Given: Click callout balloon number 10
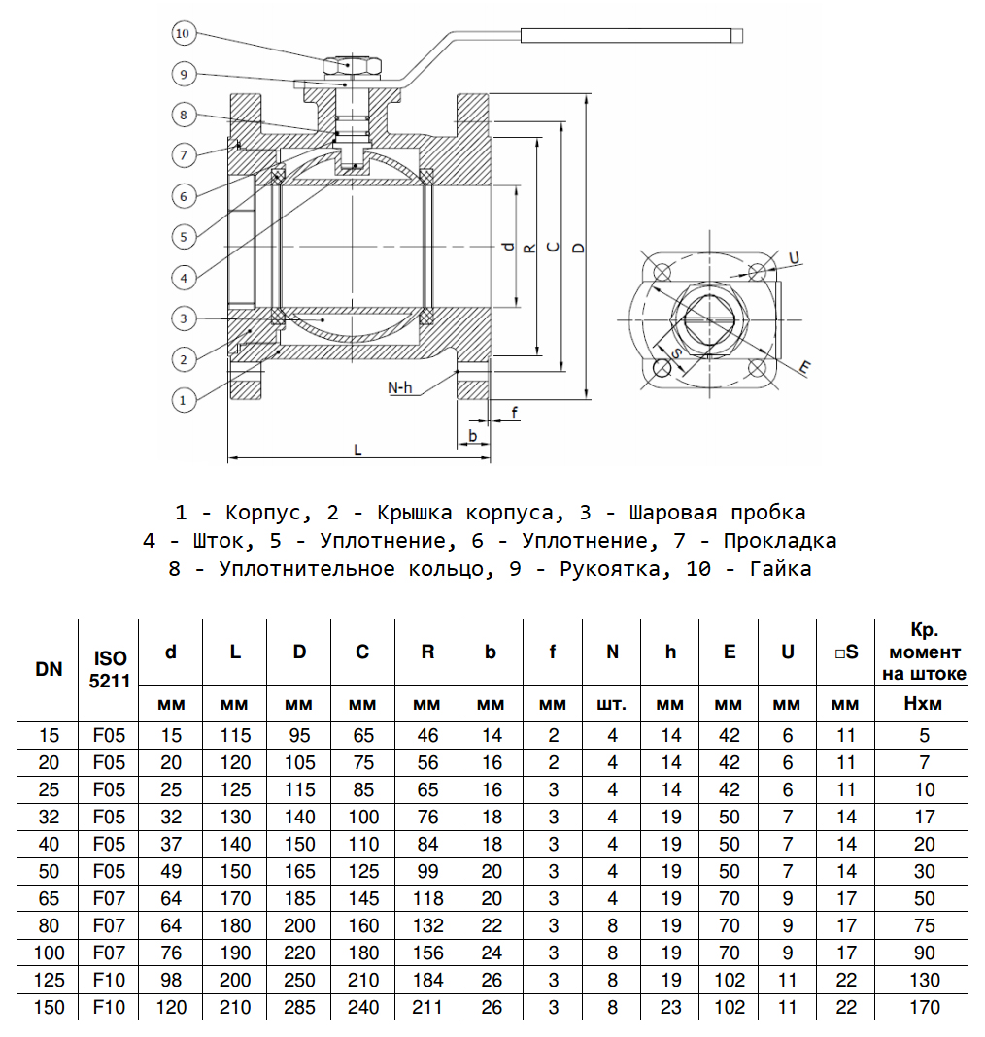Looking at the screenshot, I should [184, 34].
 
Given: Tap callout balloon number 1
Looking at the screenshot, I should [184, 397].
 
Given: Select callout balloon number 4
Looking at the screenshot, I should [184, 277].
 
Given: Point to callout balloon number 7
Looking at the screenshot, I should [184, 154].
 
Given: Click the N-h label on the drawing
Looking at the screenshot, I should [400, 387].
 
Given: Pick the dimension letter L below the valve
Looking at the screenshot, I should [357, 450].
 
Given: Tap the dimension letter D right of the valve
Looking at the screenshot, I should [579, 247].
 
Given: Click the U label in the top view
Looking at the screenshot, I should [794, 258].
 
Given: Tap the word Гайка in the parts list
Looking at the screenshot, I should [780, 569].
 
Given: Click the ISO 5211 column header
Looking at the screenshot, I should [109, 669].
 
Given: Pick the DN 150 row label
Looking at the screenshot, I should [49, 1007].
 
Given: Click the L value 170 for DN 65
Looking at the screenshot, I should [235, 898].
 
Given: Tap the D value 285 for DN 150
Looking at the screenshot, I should [299, 1007].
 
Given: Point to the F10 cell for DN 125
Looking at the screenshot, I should [109, 980].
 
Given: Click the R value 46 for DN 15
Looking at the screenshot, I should [427, 735].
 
